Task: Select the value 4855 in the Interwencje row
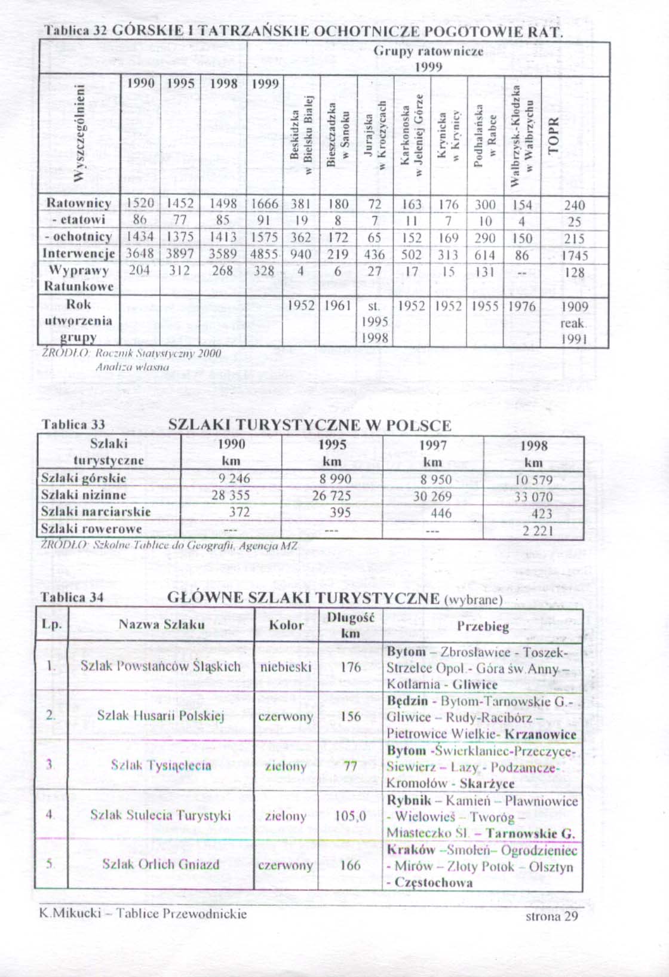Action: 264,254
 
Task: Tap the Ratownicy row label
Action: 79,203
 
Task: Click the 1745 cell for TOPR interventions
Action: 575,256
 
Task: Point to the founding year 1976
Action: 522,306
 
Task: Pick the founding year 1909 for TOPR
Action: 575,307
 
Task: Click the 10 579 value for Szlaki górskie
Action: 533,480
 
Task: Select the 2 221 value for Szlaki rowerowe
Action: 538,531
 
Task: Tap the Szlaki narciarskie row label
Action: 96,512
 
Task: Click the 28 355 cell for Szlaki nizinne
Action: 231,495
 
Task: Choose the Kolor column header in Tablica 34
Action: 287,625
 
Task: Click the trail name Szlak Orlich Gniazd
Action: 161,864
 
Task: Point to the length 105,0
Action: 350,816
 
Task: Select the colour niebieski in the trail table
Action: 286,666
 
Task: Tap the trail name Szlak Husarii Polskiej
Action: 161,716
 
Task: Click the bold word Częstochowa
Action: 434,883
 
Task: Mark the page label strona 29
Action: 552,916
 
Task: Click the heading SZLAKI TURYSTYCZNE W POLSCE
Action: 309,426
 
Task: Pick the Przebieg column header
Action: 483,626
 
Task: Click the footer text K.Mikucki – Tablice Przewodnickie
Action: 143,914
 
